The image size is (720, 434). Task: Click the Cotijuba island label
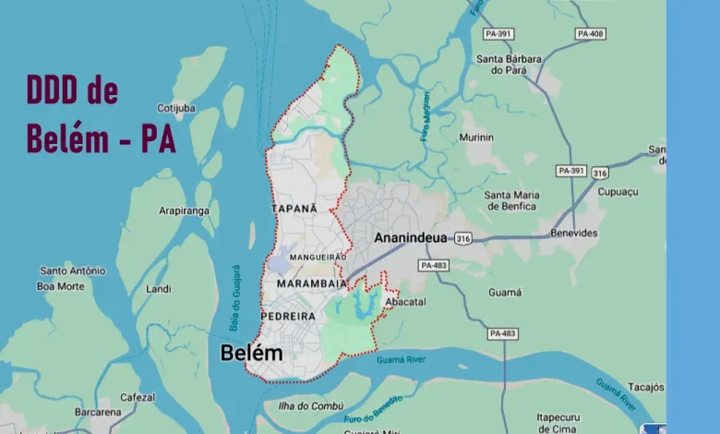[x=176, y=108]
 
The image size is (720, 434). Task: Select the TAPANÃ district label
[x=294, y=209]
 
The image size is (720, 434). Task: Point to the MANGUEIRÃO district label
[x=318, y=257]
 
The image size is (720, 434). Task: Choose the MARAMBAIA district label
[x=311, y=283]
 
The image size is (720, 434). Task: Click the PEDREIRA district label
[x=288, y=316]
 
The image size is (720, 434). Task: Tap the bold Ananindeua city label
[x=410, y=238]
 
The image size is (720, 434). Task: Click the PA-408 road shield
[x=590, y=33]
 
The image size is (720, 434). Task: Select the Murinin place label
[x=476, y=138]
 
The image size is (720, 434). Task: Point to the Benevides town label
[x=574, y=234]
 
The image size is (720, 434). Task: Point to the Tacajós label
[x=645, y=386]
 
